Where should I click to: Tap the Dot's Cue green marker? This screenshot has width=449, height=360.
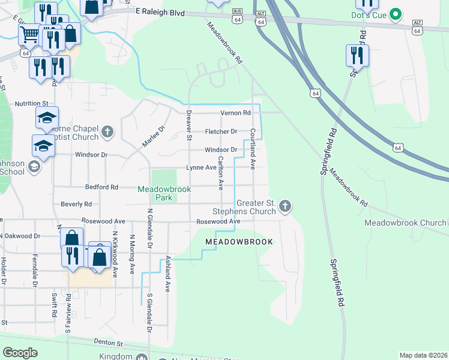395,13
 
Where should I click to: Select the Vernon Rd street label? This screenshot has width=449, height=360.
235,113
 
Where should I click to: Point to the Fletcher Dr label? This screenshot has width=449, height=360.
221,131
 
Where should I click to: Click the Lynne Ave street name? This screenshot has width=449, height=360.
201,168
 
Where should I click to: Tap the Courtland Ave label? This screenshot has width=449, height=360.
253,148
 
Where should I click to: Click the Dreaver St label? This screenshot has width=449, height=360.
188,125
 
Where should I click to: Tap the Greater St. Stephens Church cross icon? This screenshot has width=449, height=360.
285,208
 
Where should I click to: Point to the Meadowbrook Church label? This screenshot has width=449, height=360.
405,223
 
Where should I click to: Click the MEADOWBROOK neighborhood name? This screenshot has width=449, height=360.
239,242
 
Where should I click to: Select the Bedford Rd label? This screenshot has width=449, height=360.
101,187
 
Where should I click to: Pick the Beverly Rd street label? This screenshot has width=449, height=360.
76,205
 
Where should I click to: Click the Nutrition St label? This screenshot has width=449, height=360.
31,104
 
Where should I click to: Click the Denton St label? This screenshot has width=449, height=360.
108,344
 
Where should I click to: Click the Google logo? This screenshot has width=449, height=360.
20,353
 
